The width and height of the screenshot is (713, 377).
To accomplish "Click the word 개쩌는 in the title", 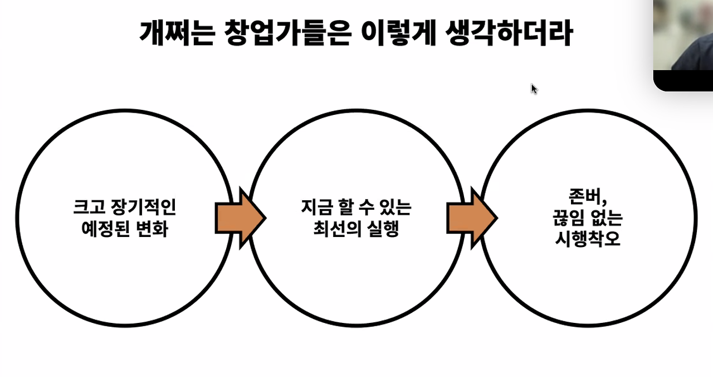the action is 178,33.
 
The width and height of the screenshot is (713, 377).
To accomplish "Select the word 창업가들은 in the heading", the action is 288,33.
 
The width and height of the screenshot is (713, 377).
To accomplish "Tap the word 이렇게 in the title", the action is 398,33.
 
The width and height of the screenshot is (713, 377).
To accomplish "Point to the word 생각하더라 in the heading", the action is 509,33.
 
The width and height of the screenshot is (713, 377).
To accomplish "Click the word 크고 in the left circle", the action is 89,207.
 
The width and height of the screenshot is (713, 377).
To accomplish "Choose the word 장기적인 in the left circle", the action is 143,207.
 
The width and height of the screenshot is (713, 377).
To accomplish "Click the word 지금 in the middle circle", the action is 317,207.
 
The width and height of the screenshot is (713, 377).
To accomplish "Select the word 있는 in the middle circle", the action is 395,207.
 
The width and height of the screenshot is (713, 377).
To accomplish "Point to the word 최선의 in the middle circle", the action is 337,229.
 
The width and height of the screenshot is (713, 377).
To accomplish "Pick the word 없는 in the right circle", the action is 607,218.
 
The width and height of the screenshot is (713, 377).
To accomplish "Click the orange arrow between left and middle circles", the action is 241,218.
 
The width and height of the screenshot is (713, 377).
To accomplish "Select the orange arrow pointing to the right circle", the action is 472,218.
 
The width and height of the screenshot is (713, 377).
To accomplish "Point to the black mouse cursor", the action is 534,89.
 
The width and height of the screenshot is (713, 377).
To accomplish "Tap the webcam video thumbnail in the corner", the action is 683,45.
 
